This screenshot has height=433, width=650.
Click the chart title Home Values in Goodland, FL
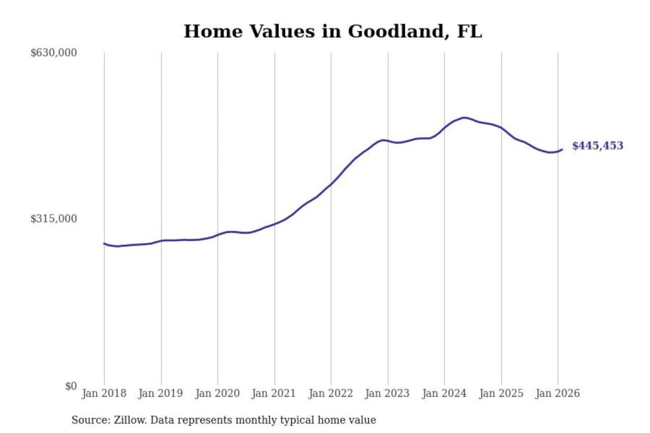pyautogui.click(x=333, y=32)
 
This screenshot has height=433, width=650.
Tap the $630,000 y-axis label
pyautogui.click(x=54, y=53)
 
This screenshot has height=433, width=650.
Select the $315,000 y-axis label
pyautogui.click(x=54, y=219)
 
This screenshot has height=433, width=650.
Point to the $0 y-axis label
pyautogui.click(x=71, y=386)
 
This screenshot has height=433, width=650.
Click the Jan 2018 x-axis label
pyautogui.click(x=104, y=393)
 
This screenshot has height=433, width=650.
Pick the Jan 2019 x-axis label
pyautogui.click(x=161, y=393)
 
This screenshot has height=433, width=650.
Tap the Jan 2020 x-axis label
pyautogui.click(x=217, y=393)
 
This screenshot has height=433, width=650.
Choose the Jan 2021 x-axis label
pyautogui.click(x=274, y=393)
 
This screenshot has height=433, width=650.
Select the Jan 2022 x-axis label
pyautogui.click(x=330, y=393)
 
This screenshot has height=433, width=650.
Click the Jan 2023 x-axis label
pyautogui.click(x=387, y=393)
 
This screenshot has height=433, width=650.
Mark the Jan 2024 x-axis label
pyautogui.click(x=444, y=393)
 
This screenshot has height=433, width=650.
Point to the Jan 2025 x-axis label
pyautogui.click(x=501, y=393)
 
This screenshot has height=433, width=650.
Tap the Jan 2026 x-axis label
pyautogui.click(x=557, y=393)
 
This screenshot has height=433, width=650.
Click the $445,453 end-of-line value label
pyautogui.click(x=598, y=146)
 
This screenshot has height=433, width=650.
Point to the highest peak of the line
pyautogui.click(x=464, y=118)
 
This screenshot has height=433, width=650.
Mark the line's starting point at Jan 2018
pyautogui.click(x=104, y=244)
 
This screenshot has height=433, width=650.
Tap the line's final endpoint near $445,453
pyautogui.click(x=562, y=149)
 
